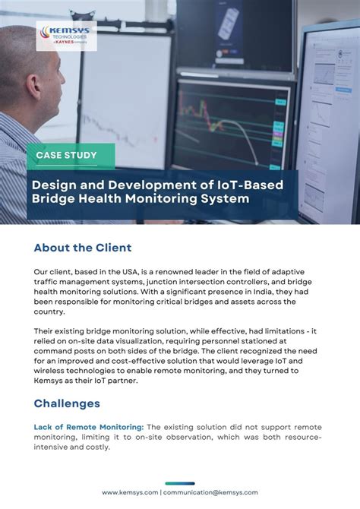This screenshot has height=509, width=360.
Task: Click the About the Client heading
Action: (x=83, y=248)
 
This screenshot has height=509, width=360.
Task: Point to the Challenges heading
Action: (x=67, y=403)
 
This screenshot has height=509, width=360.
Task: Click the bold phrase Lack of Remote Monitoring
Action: (x=88, y=428)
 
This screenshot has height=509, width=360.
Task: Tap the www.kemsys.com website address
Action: (x=130, y=492)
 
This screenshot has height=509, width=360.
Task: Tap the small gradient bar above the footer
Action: (x=179, y=483)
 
